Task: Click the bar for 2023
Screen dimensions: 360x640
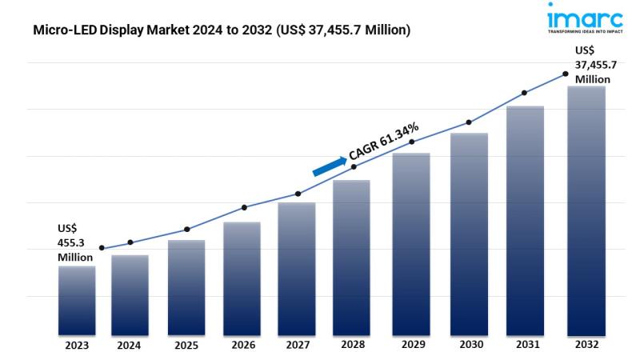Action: click(x=77, y=300)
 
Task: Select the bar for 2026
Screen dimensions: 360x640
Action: click(x=242, y=278)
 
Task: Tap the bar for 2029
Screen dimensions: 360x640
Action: click(x=411, y=243)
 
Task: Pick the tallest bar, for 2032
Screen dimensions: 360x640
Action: click(x=586, y=210)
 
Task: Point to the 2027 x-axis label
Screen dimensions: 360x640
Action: click(x=297, y=346)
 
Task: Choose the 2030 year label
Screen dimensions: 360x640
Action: click(x=468, y=346)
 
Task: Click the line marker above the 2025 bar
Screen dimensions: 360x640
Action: click(x=186, y=230)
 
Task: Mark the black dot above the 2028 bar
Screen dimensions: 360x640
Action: click(x=354, y=166)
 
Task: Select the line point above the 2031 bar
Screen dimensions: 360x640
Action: click(x=525, y=93)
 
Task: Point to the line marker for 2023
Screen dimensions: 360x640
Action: click(x=102, y=248)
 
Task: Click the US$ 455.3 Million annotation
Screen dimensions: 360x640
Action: click(x=74, y=242)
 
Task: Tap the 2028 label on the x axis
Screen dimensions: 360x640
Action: click(x=354, y=346)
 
